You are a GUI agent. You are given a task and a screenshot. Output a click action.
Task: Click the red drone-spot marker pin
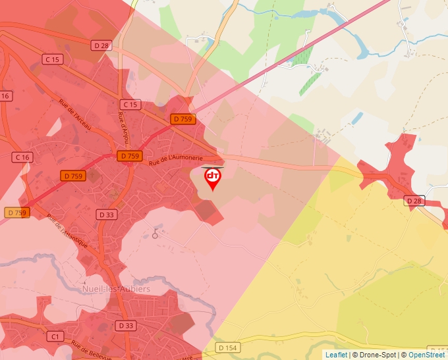point(213,178)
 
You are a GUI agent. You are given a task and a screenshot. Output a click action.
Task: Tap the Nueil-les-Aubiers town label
point(115,289)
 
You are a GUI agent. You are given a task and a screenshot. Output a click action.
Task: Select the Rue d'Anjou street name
point(123,126)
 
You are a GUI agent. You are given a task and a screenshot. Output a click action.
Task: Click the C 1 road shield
point(55,336)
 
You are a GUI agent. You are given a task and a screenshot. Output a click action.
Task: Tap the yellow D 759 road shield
point(16,213)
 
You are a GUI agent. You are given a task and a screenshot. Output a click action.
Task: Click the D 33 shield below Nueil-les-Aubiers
point(125,326)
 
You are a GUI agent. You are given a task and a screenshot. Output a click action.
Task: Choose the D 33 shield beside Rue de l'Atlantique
point(106,215)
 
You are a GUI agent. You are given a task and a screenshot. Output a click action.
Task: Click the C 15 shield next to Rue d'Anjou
point(130,105)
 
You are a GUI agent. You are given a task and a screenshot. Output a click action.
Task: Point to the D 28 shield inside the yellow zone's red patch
point(414,200)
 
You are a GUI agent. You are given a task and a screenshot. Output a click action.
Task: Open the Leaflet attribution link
point(336,355)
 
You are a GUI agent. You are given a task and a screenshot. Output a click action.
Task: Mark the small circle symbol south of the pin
point(155,235)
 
